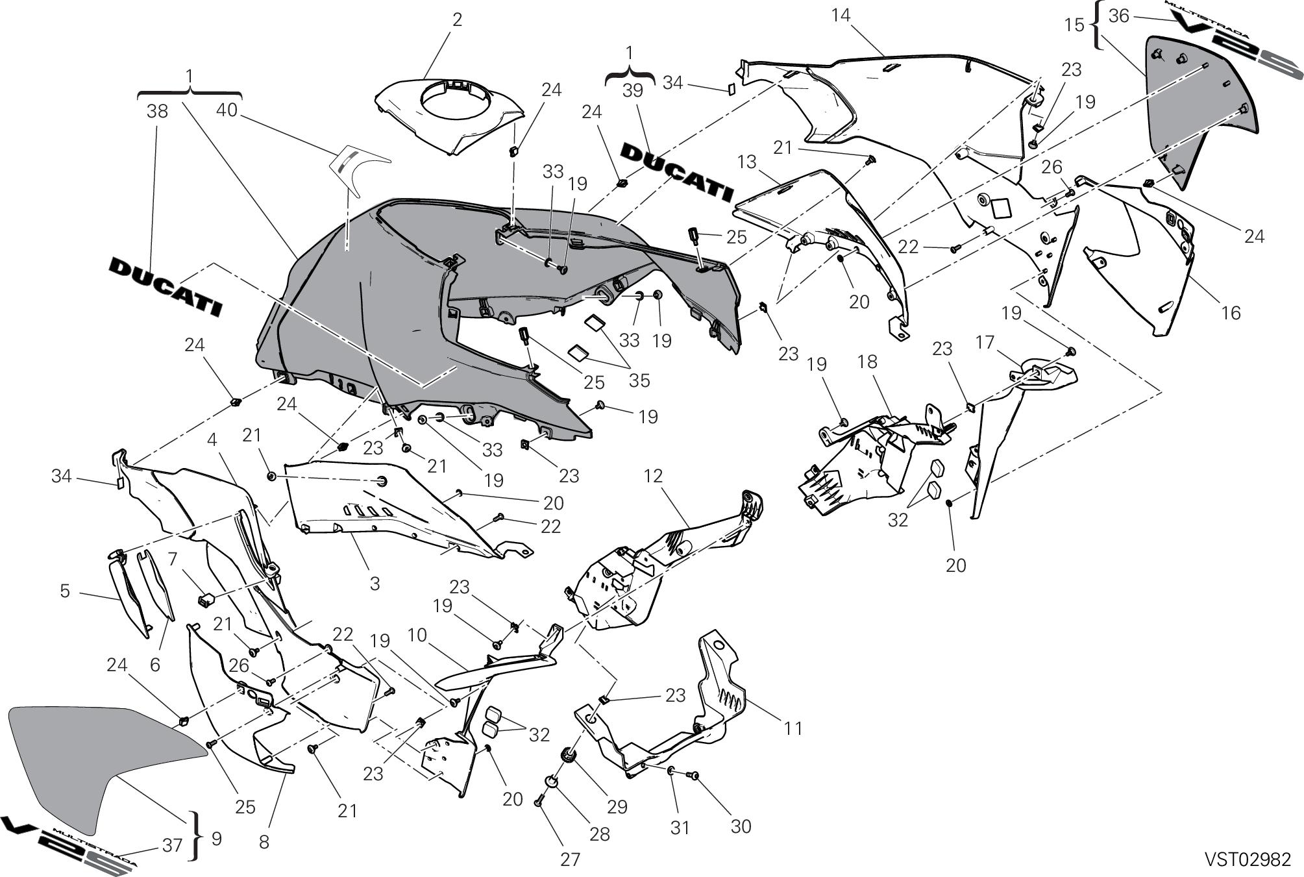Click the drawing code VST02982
(x=1248, y=859)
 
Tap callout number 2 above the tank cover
(x=457, y=19)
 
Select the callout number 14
(x=841, y=15)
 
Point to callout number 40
(x=227, y=111)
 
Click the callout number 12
(x=653, y=476)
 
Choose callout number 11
(x=793, y=728)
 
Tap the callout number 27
(x=570, y=859)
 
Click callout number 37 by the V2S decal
(x=172, y=845)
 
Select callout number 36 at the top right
(x=1119, y=16)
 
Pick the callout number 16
(x=1231, y=313)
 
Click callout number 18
(x=868, y=362)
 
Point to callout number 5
(x=65, y=591)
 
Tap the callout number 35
(x=639, y=380)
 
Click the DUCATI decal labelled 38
(x=165, y=286)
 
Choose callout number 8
(x=264, y=842)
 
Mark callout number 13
(x=747, y=162)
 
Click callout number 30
(x=741, y=826)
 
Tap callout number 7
(x=172, y=558)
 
